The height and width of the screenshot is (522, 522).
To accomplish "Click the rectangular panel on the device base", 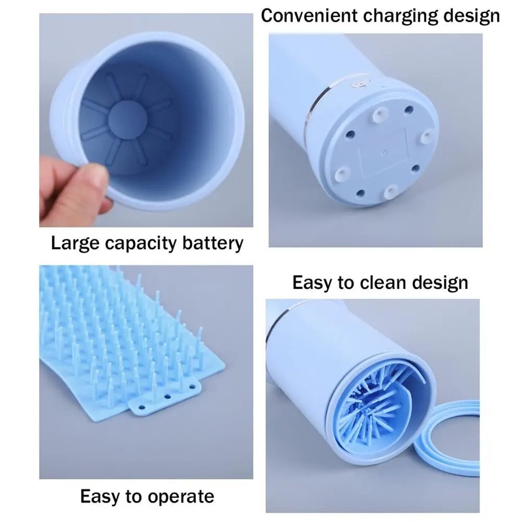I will tap(386, 152).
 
